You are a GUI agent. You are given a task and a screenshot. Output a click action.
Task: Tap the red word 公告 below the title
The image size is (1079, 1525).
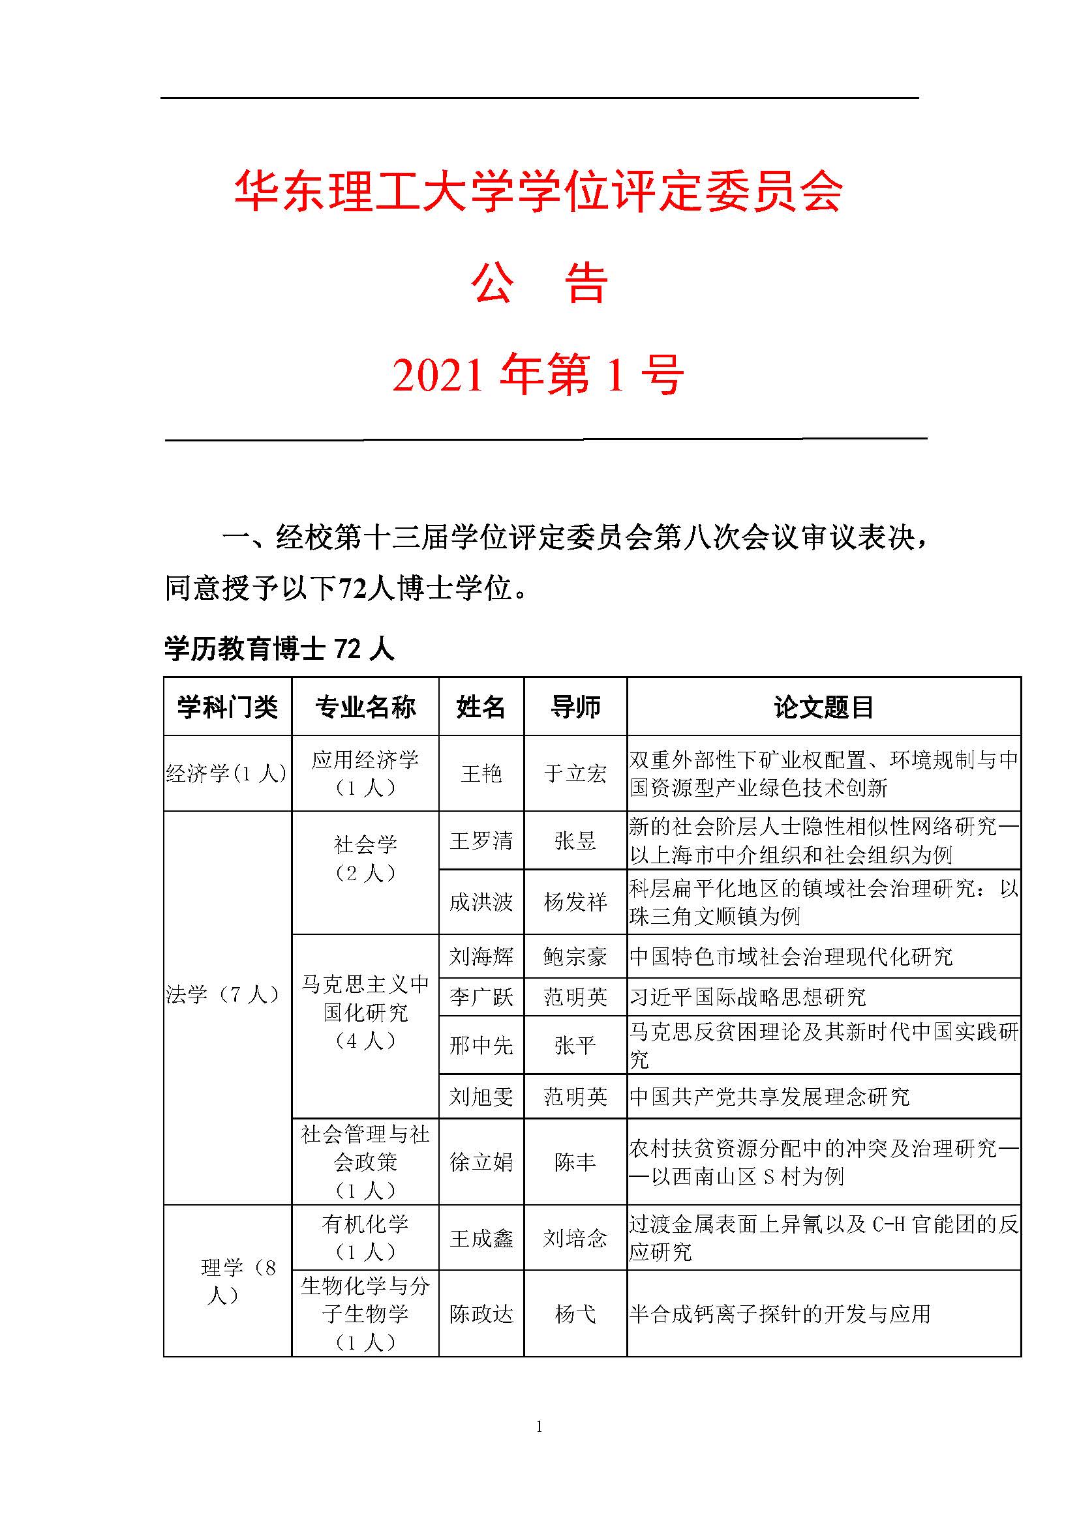point(539,284)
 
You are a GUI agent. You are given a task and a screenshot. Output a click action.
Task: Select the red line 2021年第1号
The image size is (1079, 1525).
point(538,375)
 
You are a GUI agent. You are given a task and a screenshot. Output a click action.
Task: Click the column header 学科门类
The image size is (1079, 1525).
point(227,707)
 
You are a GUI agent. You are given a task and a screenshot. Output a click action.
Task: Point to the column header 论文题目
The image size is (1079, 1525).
point(823,707)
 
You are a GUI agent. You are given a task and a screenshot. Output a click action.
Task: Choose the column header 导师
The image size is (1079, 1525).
point(575,707)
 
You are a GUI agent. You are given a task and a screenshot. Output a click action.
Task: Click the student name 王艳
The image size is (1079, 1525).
point(481,773)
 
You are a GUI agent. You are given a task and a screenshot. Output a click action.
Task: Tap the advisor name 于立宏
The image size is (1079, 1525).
point(575,773)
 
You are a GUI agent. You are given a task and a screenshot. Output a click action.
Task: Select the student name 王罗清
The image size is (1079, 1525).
point(481,841)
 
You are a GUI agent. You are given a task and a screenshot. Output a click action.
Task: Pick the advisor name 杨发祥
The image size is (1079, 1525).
point(575,901)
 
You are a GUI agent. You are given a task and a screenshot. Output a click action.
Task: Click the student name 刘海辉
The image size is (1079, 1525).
point(481,956)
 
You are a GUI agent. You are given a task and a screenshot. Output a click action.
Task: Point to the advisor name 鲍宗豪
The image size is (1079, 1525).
point(575,956)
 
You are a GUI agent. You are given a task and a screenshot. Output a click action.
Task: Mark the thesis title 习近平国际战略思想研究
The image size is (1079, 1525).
point(748,996)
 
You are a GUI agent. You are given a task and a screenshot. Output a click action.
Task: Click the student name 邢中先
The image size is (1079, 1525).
point(481,1045)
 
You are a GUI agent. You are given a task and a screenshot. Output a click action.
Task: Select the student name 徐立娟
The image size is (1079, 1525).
point(481,1162)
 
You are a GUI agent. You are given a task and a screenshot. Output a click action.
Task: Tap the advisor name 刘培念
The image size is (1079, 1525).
point(575,1238)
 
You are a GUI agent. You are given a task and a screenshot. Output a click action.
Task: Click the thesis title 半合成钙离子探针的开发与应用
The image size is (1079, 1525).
point(780,1313)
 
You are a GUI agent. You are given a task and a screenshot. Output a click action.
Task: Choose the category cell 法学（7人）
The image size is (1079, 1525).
point(223,994)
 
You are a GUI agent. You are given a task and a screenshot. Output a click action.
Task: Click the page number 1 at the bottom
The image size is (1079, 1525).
point(539,1426)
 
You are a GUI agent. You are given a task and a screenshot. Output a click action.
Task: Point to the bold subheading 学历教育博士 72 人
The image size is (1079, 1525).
point(279,649)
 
